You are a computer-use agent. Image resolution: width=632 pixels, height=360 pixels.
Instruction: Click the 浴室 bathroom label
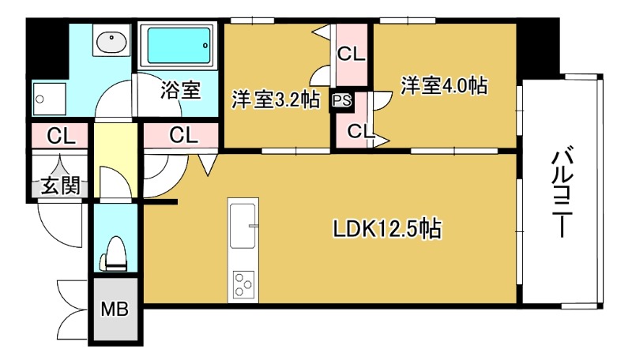(x=180, y=89)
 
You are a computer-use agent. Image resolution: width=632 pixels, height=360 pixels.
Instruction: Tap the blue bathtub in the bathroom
(x=178, y=47)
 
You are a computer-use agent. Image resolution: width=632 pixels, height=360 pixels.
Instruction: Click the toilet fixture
(x=114, y=253)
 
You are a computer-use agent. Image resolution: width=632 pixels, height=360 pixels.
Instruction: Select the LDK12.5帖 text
(x=386, y=229)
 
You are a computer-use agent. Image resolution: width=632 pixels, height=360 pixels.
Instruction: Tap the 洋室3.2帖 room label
(x=275, y=100)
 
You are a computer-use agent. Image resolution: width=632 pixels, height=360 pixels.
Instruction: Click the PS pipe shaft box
(x=341, y=100)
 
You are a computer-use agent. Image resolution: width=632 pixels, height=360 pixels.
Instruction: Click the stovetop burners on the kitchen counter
(x=243, y=284)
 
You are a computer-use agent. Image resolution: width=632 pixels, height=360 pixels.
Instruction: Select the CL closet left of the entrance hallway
(x=60, y=135)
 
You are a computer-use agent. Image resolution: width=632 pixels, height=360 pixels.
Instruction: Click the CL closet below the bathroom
(x=183, y=135)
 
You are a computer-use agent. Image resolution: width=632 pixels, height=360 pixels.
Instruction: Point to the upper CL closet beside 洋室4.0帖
(x=351, y=54)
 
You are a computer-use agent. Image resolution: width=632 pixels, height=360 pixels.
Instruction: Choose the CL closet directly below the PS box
(x=357, y=130)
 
